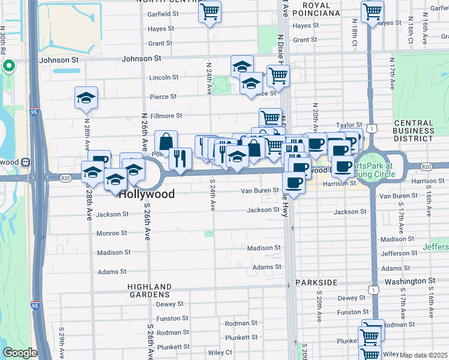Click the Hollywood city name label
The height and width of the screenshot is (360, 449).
(x=146, y=194)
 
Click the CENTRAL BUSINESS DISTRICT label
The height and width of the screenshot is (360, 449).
(x=414, y=130)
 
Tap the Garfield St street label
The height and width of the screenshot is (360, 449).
(x=163, y=13)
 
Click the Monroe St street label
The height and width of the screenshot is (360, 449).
(x=111, y=232)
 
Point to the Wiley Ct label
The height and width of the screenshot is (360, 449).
(x=220, y=352)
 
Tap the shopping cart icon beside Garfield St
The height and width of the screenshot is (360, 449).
(x=210, y=11)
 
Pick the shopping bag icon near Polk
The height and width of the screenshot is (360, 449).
(x=166, y=142)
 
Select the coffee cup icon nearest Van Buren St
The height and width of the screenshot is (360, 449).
(x=293, y=181)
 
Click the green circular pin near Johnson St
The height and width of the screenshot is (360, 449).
(x=9, y=66)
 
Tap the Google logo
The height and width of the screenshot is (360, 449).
(x=20, y=353)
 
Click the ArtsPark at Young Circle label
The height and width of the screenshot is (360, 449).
(x=372, y=169)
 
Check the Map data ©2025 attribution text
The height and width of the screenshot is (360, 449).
(x=423, y=355)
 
